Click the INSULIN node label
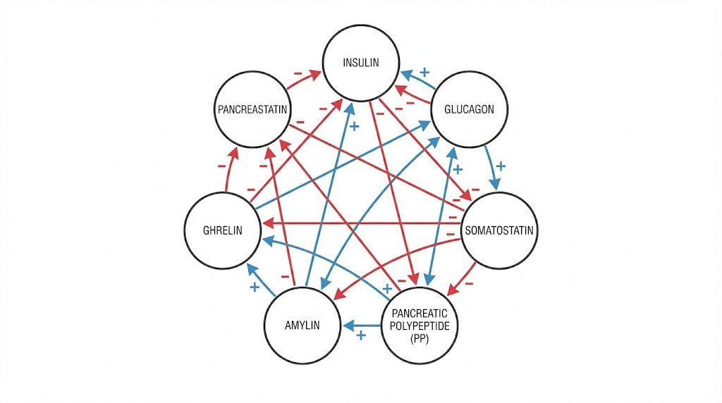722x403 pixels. point(361,63)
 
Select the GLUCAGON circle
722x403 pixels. point(469,109)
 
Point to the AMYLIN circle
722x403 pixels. point(302,325)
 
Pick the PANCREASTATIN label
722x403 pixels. point(252,110)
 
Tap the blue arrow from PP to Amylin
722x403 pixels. point(362,325)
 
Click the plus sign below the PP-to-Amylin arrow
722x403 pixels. point(361,336)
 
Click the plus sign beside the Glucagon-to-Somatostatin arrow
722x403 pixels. point(501,167)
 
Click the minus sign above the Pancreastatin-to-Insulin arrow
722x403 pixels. point(298,73)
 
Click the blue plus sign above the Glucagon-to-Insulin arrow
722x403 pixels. point(424,71)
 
